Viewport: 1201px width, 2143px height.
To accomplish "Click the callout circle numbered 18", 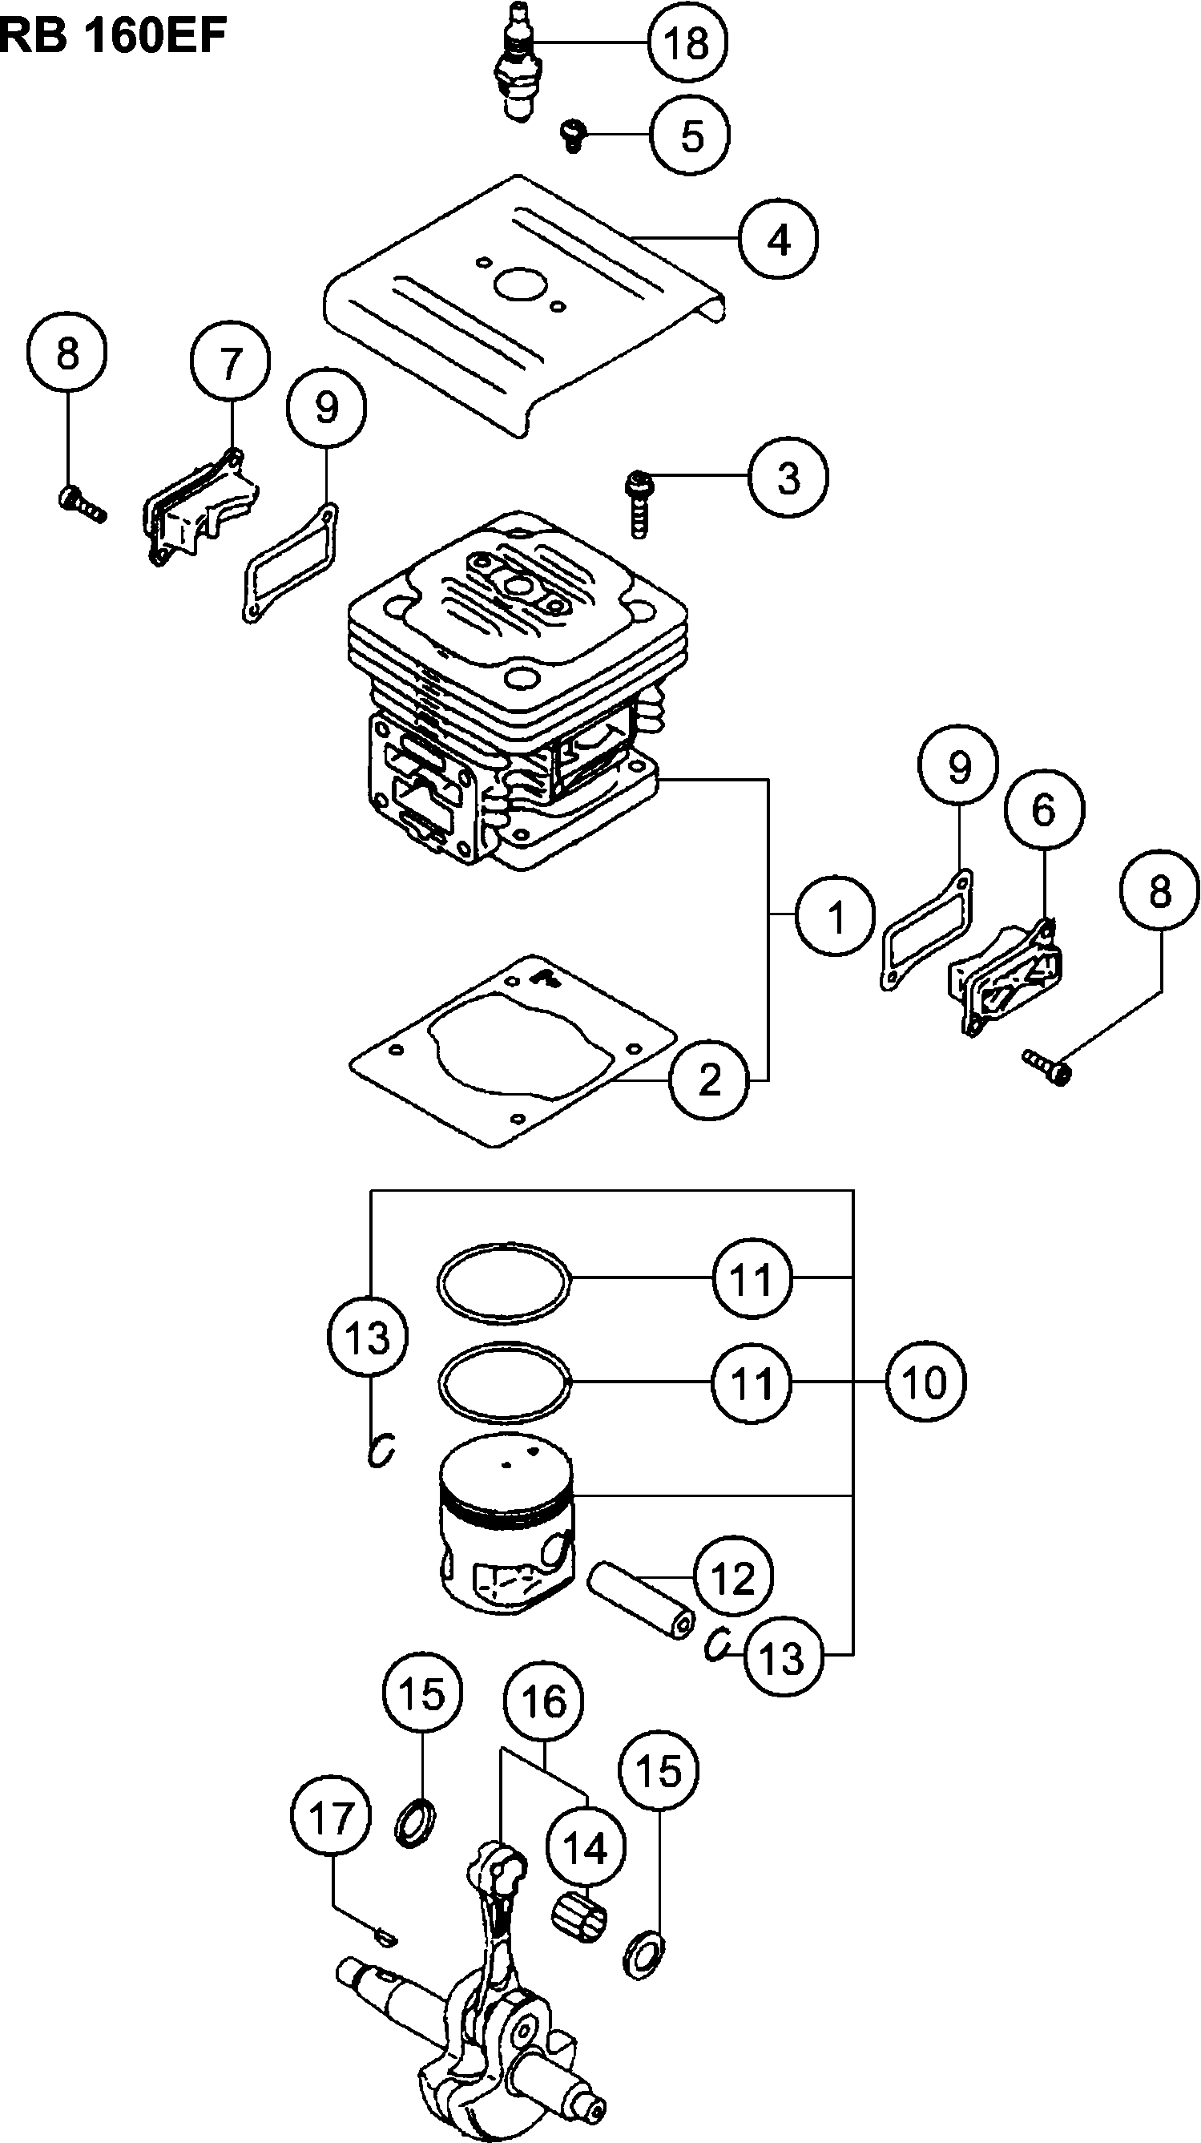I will pyautogui.click(x=687, y=42).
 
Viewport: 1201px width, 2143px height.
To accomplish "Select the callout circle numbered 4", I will pyautogui.click(x=779, y=239).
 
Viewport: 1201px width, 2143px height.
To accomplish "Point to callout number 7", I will pyautogui.click(x=230, y=361).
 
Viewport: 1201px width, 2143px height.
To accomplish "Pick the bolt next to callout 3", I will pyautogui.click(x=638, y=503).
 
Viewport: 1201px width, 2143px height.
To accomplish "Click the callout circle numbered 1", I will pyautogui.click(x=835, y=916).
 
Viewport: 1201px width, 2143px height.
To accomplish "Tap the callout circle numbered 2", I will pyautogui.click(x=708, y=1080).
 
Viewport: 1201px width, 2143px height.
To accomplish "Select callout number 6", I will pyautogui.click(x=1044, y=809).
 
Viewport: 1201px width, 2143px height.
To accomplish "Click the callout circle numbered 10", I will pyautogui.click(x=925, y=1382).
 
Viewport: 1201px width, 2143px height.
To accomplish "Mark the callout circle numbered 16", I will pyautogui.click(x=544, y=1701).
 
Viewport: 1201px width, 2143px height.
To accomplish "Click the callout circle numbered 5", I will pyautogui.click(x=691, y=135).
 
